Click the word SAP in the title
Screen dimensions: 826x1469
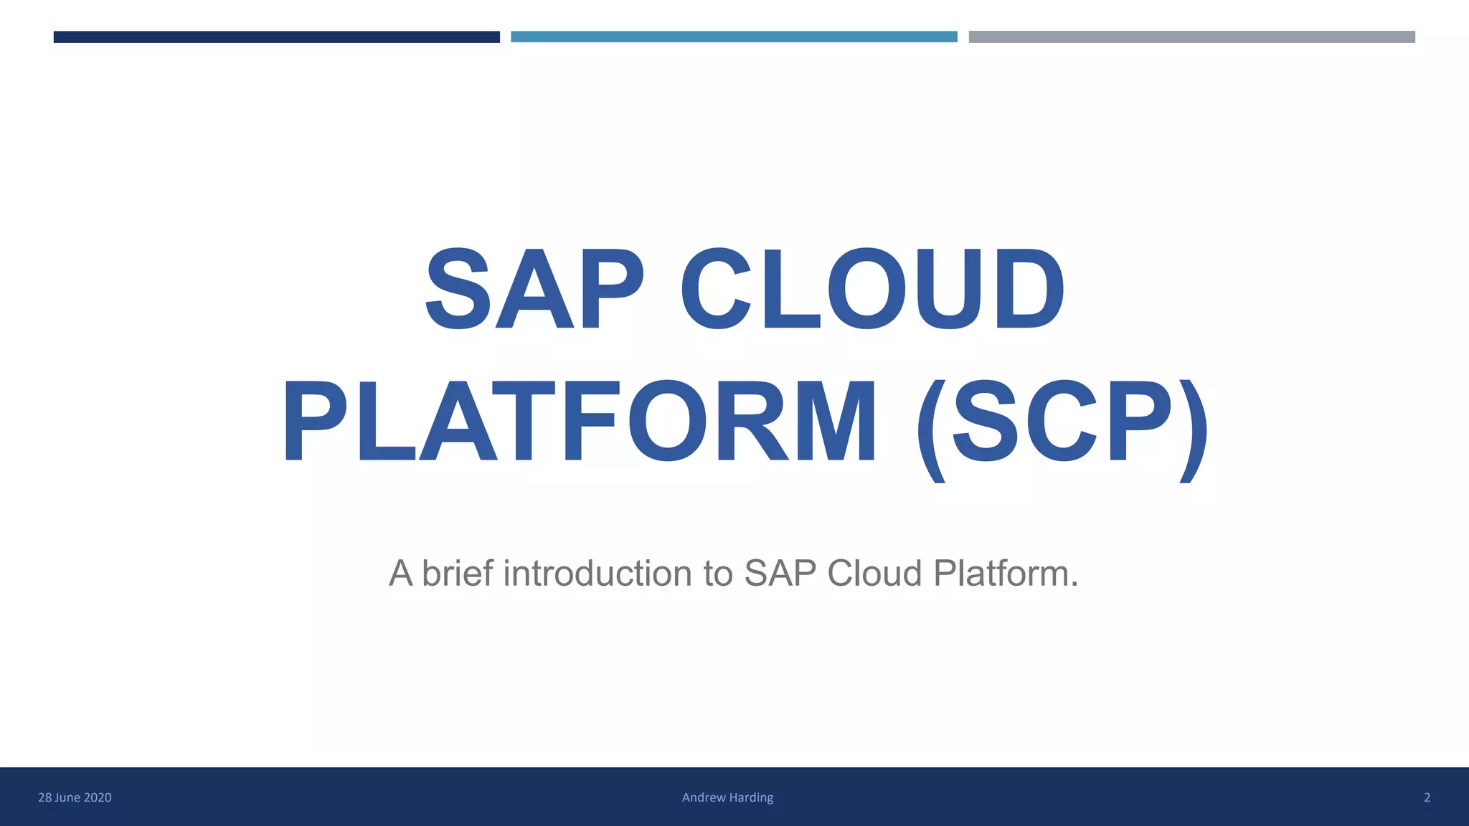tap(534, 289)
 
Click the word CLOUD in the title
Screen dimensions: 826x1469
tap(872, 289)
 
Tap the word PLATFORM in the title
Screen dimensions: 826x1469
tap(580, 422)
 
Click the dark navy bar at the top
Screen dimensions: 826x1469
tap(276, 37)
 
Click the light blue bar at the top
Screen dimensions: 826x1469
tap(734, 37)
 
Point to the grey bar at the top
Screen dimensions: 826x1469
tap(1191, 37)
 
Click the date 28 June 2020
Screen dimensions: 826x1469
tap(75, 797)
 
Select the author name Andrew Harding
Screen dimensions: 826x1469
tap(727, 797)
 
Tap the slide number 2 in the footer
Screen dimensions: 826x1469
tap(1427, 797)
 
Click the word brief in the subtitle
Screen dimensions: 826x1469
tap(458, 574)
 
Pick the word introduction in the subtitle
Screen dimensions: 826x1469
tap(598, 574)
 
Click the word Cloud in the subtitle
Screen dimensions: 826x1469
tap(874, 574)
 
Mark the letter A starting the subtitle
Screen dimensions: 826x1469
tap(400, 574)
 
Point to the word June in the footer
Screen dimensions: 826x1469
tap(69, 797)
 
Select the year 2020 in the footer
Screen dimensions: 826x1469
tap(98, 797)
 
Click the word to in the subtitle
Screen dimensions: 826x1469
tap(718, 574)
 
